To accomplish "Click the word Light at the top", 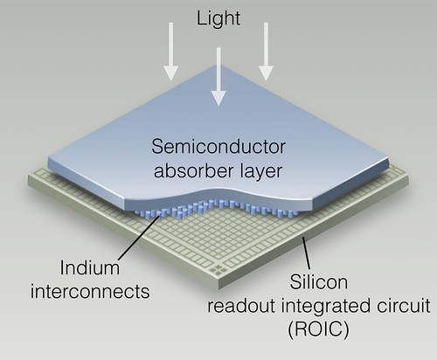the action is (x=218, y=19).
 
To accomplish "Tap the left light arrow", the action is (x=170, y=52).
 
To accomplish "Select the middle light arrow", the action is (x=218, y=76).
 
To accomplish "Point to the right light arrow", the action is (x=266, y=52).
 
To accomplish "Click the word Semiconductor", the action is (x=218, y=147).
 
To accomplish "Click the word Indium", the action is (x=90, y=267).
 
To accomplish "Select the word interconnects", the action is (x=90, y=291).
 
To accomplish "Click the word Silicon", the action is (x=319, y=281).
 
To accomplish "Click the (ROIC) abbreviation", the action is (x=318, y=329).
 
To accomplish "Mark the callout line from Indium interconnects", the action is (x=139, y=237).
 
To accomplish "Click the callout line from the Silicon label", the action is (x=306, y=253).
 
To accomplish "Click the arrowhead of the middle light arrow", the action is (x=218, y=98).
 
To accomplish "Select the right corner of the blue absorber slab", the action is (x=389, y=160).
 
